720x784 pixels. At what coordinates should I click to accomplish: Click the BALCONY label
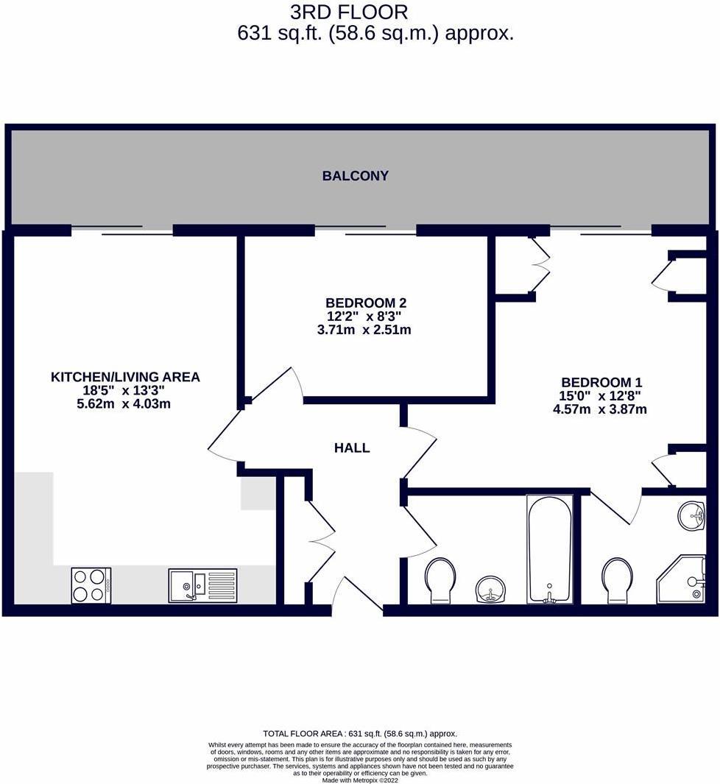click(x=355, y=176)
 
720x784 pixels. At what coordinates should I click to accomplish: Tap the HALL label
click(x=352, y=448)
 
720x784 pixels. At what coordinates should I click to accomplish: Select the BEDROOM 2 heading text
click(x=366, y=303)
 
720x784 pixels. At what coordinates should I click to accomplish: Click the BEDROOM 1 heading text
click(x=601, y=382)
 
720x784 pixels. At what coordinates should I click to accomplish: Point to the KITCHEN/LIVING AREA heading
click(x=125, y=377)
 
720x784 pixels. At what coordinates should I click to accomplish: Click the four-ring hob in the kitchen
click(x=91, y=585)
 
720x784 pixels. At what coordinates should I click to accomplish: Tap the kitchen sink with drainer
click(x=202, y=585)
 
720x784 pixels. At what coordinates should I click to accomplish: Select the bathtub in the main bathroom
click(x=549, y=548)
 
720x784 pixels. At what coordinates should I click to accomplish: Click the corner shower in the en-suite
click(x=681, y=580)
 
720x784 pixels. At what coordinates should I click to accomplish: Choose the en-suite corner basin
click(x=691, y=515)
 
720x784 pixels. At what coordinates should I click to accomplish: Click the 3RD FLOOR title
click(x=349, y=12)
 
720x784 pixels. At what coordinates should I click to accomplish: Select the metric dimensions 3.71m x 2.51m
click(x=364, y=330)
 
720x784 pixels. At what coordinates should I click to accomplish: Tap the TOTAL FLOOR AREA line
click(x=360, y=733)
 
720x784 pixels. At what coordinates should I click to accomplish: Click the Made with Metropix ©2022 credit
click(x=360, y=780)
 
